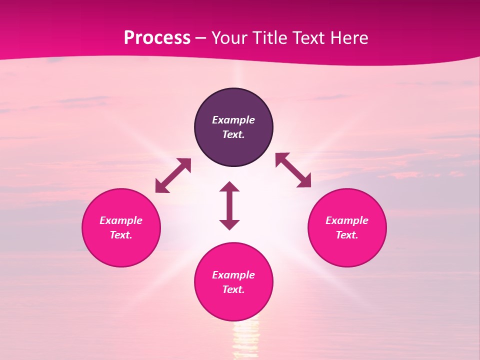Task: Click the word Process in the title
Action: (157, 38)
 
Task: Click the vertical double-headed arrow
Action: (229, 205)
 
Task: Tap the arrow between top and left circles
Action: (173, 175)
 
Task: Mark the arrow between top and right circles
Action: (293, 170)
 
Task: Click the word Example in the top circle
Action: (233, 120)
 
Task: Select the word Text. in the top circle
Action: (233, 134)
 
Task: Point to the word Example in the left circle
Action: (121, 220)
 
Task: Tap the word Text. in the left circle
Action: (121, 235)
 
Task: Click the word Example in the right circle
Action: (347, 220)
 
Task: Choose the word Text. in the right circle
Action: (347, 235)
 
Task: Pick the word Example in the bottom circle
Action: (233, 275)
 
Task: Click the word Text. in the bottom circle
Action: (233, 289)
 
